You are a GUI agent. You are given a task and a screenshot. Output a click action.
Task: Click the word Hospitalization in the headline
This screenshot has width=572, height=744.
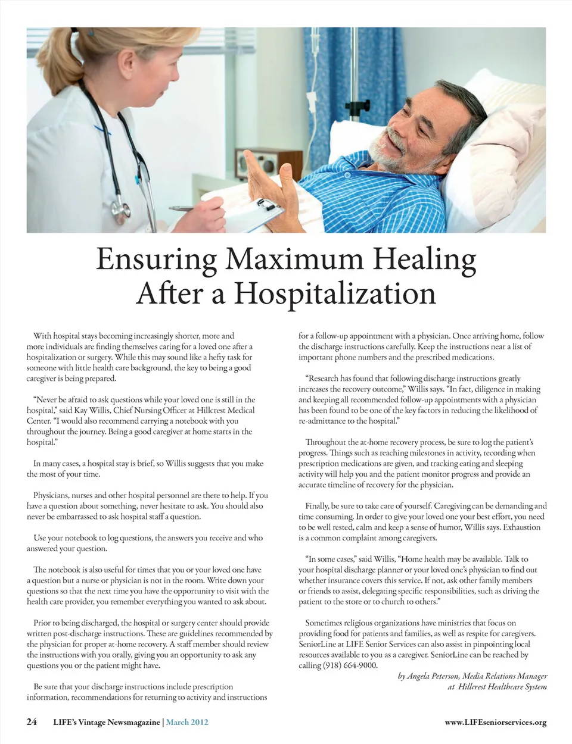pos(334,293)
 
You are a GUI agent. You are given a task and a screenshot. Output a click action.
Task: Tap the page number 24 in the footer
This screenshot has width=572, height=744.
pos(32,722)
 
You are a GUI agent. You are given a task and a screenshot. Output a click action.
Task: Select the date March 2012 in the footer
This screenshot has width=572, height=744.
pos(187,722)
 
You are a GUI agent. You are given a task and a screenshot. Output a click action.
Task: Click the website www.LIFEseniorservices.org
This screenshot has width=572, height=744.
pos(495,723)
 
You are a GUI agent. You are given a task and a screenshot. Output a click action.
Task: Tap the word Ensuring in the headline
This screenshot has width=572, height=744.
pos(156,260)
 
